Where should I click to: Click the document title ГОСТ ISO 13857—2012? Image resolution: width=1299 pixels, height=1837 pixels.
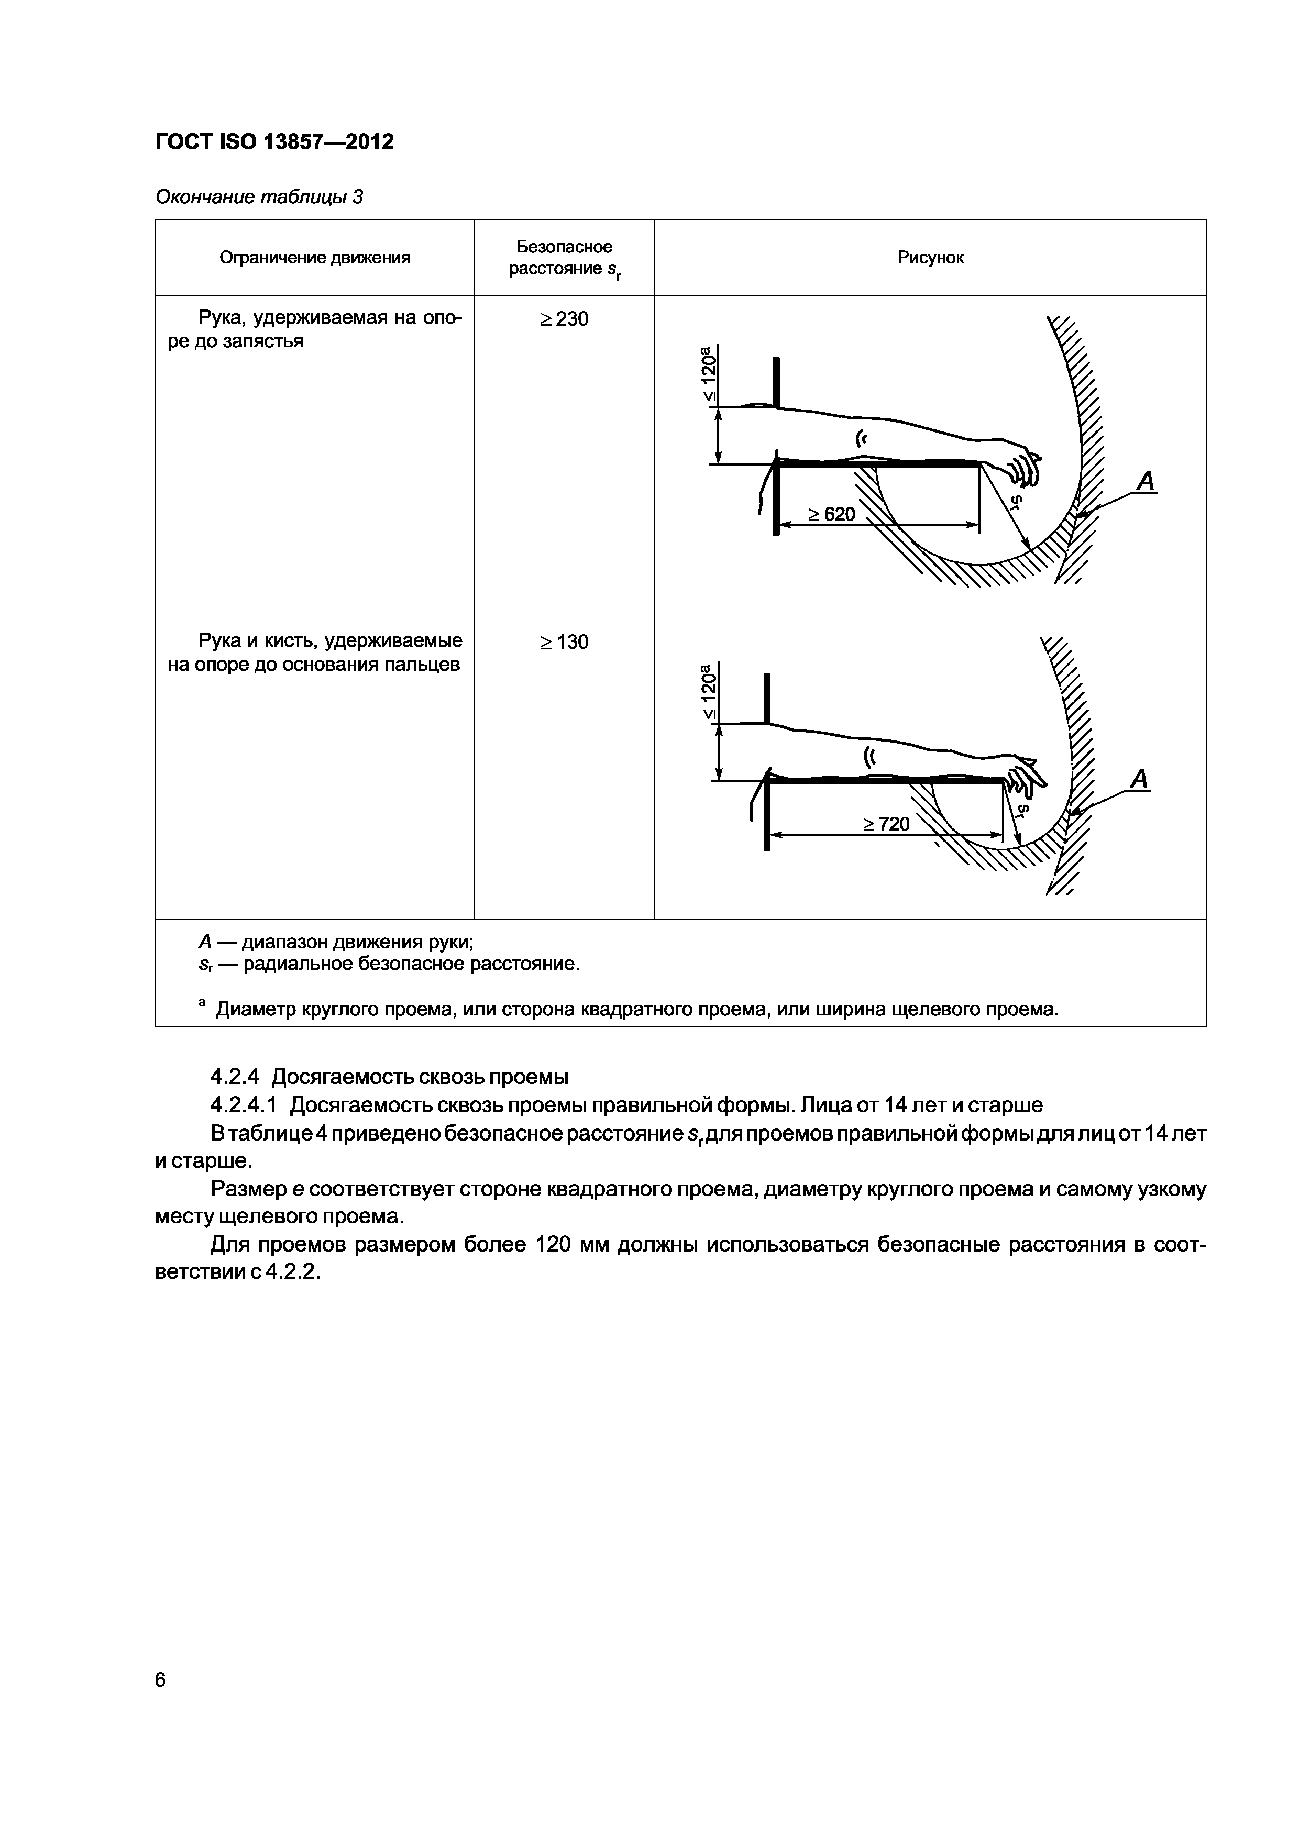click(x=274, y=142)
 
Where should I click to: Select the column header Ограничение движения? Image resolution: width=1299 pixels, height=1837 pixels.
click(x=315, y=258)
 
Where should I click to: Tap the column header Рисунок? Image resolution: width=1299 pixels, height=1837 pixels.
click(x=930, y=258)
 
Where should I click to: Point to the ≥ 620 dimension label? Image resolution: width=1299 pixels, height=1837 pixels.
click(x=831, y=514)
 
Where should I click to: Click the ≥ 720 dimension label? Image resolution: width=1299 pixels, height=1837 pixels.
click(x=886, y=823)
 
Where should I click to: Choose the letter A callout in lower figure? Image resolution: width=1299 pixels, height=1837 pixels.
click(x=1139, y=779)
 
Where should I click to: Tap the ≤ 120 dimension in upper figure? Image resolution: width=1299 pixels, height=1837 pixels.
click(x=708, y=374)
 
